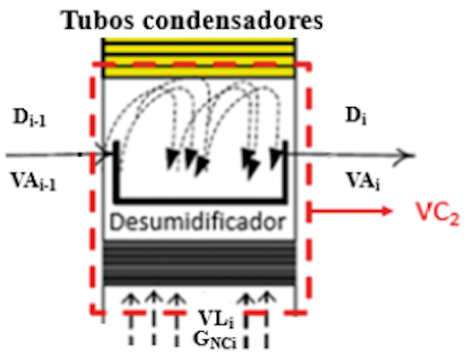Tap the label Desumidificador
(200, 220)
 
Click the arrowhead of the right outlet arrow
(408, 155)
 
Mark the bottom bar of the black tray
(200, 197)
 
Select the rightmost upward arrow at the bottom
(267, 298)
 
